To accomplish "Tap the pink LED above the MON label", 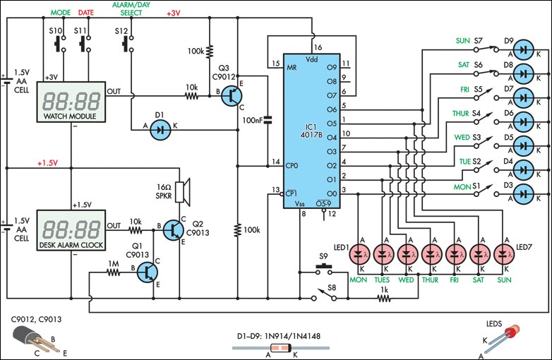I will click(x=360, y=253).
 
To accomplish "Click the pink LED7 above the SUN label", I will click(x=503, y=253).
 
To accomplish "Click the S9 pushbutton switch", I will click(x=324, y=268).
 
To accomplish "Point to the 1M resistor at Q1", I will click(x=112, y=269).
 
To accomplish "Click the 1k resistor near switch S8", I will click(x=383, y=298).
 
